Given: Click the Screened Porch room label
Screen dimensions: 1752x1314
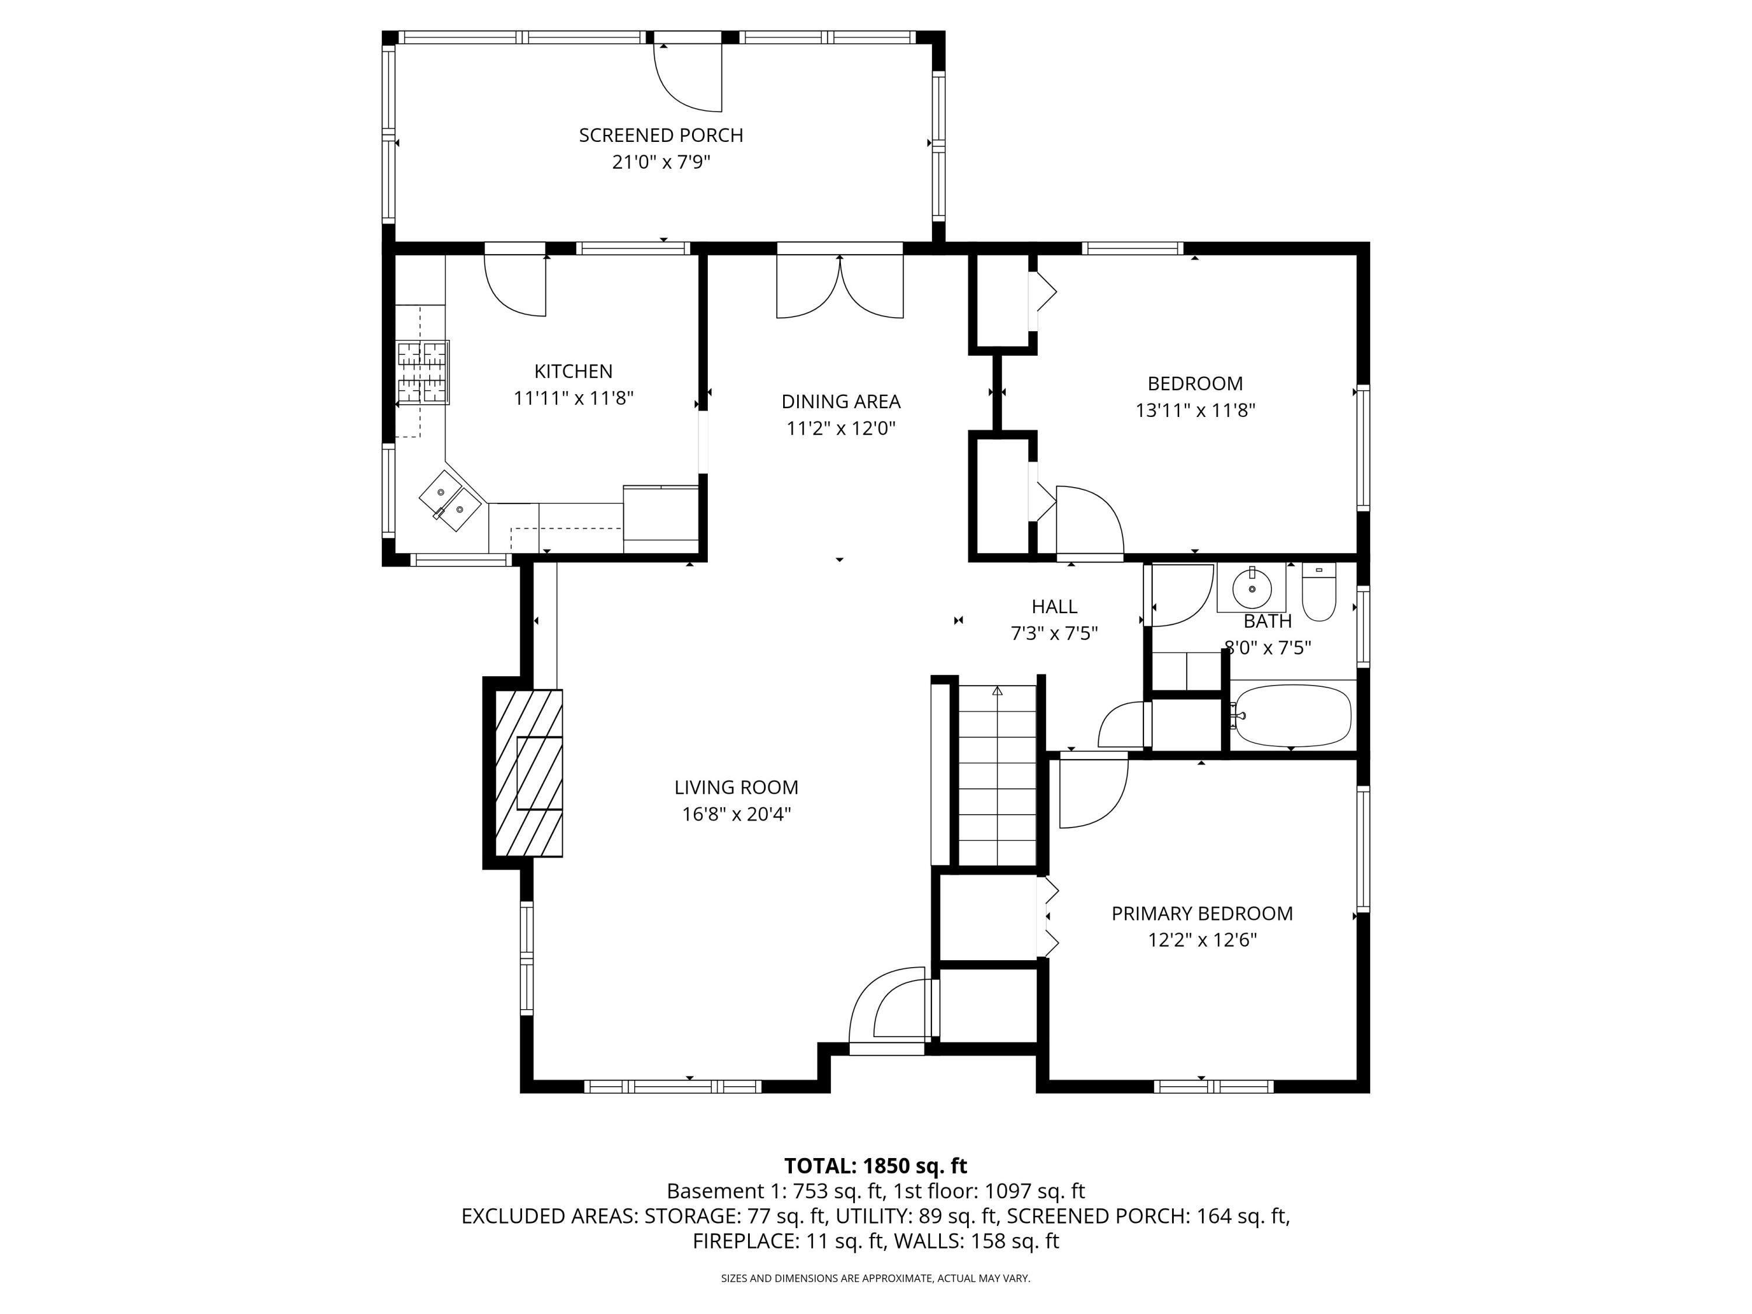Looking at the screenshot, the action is [x=661, y=135].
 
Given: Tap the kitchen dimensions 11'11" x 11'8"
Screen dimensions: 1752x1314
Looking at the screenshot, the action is [x=573, y=398].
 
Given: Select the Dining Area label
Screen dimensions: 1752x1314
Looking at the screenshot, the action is [x=840, y=402].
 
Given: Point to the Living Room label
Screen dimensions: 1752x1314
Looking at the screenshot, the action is [x=736, y=787].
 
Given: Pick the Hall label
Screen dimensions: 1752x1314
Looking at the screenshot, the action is [x=1054, y=607].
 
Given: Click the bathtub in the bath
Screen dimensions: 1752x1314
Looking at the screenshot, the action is [x=1292, y=716].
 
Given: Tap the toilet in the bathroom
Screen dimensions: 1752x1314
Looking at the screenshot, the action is [x=1319, y=592].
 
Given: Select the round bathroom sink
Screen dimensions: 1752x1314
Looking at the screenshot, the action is [x=1252, y=587].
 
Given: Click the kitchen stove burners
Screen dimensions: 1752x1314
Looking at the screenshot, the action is [x=422, y=372].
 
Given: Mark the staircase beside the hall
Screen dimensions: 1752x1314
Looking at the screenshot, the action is [x=997, y=776].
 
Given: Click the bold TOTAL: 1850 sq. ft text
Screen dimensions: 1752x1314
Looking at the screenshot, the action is [x=875, y=1166].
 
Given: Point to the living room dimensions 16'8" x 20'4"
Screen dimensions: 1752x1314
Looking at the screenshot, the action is [x=736, y=814].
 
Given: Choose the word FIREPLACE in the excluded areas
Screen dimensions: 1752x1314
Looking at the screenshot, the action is [x=745, y=1241].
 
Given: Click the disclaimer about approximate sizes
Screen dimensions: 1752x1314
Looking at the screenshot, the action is [x=875, y=1278].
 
